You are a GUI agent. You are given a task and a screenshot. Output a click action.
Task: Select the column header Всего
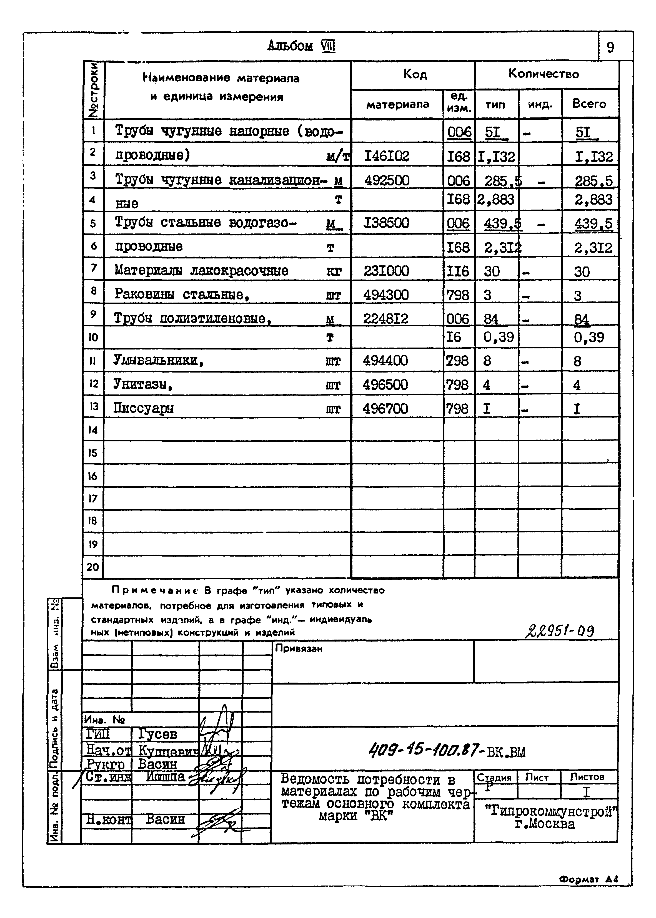tap(589, 104)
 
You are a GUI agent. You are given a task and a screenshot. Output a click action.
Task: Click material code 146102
tap(387, 156)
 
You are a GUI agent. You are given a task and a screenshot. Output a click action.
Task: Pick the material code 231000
tap(386, 271)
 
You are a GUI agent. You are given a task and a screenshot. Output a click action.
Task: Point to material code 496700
tap(385, 409)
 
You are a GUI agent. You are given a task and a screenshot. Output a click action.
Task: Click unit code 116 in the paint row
tap(458, 271)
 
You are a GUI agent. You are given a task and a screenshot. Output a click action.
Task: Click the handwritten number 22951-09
tap(559, 631)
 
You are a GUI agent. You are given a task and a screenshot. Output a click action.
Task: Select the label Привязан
tap(299, 649)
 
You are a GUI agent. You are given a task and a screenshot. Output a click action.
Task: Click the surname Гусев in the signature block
tap(157, 733)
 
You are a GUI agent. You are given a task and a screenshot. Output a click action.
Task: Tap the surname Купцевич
tap(168, 750)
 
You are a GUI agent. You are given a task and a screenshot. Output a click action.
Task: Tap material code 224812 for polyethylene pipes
tap(386, 319)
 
